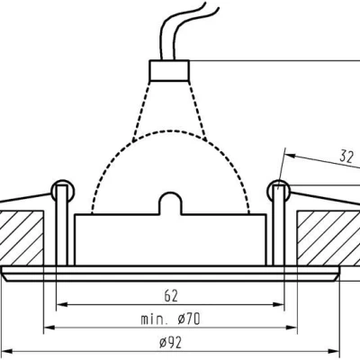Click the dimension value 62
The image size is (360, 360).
[171, 296]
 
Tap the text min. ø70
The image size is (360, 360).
[170, 319]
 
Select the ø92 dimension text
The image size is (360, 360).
[170, 343]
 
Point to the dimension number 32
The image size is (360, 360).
[346, 157]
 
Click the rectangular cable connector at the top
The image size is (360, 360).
[169, 70]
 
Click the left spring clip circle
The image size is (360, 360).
[63, 192]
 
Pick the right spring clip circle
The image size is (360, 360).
[278, 192]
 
